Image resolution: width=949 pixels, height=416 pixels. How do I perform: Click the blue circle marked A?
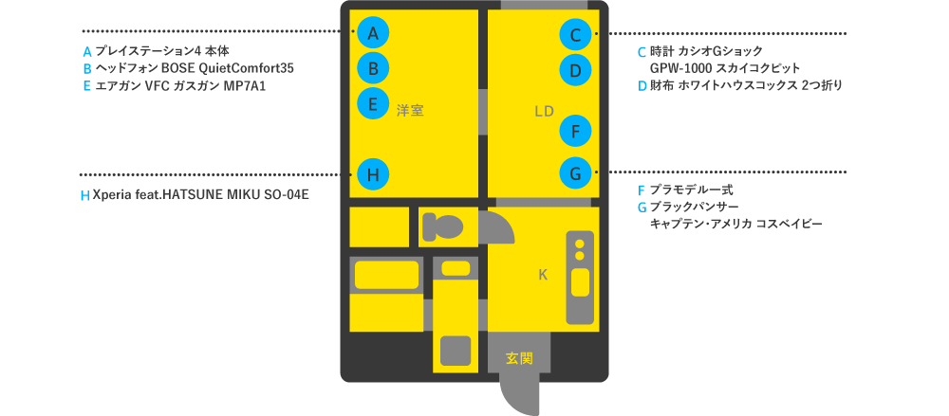(x=373, y=33)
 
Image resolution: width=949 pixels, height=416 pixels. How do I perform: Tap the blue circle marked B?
(x=373, y=68)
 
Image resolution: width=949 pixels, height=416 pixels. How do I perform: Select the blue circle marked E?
(x=373, y=102)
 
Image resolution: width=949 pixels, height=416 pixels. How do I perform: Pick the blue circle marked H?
(x=373, y=173)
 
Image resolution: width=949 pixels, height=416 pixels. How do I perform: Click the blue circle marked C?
(x=576, y=35)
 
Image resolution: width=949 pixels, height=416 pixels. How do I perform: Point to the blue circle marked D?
(x=576, y=69)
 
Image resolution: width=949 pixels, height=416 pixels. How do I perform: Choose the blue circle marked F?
(x=576, y=128)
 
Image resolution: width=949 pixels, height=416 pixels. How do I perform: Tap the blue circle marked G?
(x=576, y=173)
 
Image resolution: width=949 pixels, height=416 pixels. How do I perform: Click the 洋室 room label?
(x=410, y=111)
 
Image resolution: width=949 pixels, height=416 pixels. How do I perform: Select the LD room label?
(x=544, y=111)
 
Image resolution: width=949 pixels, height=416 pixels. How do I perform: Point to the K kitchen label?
(x=543, y=275)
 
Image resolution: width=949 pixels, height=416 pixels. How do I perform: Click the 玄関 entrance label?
(x=518, y=358)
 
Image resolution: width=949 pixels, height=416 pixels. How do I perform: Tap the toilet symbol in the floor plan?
(x=442, y=226)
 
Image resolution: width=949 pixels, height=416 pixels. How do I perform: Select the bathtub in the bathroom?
(x=385, y=274)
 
